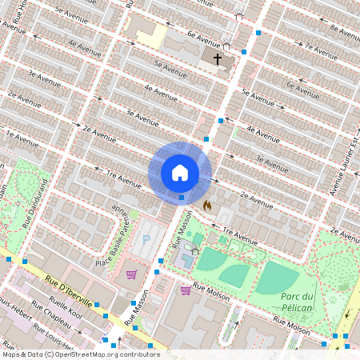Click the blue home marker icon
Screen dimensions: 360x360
pos(180,173)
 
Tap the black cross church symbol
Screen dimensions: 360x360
pos(217,58)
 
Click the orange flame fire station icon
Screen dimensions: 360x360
pos(206,206)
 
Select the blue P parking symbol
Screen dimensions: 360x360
pos(146,240)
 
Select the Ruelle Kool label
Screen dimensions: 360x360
pos(66,309)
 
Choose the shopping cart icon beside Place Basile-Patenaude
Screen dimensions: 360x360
pos(131,274)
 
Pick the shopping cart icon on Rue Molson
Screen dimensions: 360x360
pos(186,290)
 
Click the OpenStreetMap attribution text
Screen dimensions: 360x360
pos(80,354)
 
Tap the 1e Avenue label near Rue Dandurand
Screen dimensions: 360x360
pos(22,138)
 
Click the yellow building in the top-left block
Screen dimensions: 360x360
pos(150,34)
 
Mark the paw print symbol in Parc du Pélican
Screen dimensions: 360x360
pos(344,285)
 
